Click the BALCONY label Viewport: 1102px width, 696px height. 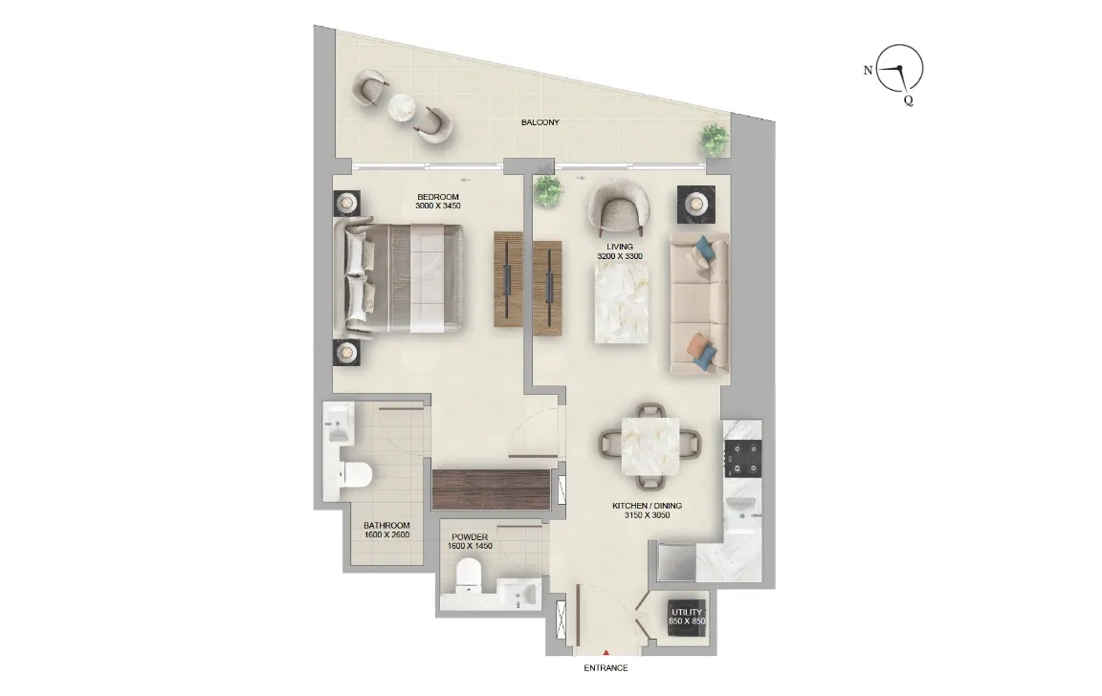tap(540, 122)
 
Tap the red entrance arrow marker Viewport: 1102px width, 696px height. tap(606, 653)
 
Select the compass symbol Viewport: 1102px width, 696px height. tap(899, 69)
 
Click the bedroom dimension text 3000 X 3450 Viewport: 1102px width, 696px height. tap(438, 207)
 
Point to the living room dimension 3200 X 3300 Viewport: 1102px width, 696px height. tap(619, 256)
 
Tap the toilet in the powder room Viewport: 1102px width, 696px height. tap(469, 573)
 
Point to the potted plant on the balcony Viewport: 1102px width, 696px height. tap(713, 139)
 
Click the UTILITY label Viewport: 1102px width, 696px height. tap(687, 612)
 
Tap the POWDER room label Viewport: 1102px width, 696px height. tap(470, 537)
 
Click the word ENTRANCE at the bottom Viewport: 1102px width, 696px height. tap(606, 668)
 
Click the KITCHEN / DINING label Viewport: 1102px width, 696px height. tap(648, 505)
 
